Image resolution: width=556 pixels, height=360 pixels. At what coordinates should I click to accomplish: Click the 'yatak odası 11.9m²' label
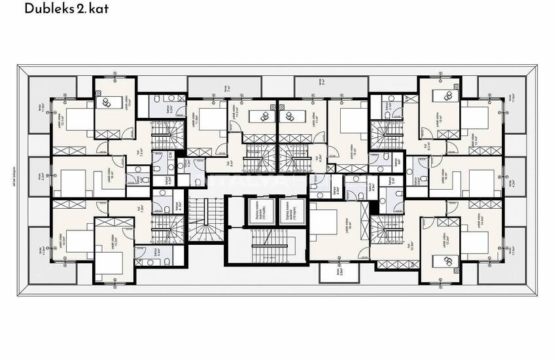pos(196,118)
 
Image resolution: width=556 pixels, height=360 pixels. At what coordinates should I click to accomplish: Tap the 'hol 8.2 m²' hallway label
pos(425,147)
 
